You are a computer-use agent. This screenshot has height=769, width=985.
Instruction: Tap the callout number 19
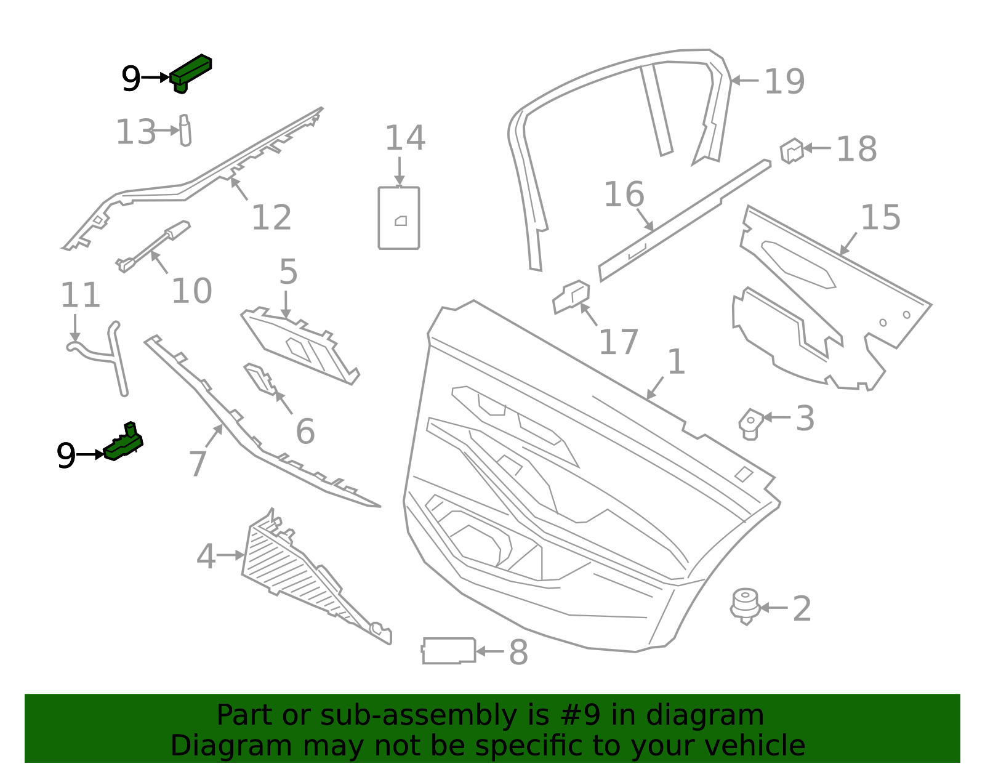click(x=784, y=82)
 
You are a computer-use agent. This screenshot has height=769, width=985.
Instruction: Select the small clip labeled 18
click(x=792, y=150)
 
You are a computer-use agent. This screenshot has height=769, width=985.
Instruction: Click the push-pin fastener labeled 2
click(x=745, y=606)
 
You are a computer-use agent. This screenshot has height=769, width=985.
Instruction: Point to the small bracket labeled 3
click(x=750, y=424)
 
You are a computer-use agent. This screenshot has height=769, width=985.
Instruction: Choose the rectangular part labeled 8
click(x=449, y=651)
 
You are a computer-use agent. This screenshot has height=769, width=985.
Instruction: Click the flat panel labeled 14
click(x=399, y=218)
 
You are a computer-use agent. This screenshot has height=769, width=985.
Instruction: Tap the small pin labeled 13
click(x=185, y=131)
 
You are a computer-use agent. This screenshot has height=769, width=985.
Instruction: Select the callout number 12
click(x=271, y=217)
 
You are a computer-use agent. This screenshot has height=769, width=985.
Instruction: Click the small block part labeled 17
click(x=571, y=297)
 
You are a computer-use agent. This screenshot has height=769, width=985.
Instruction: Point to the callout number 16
click(x=624, y=195)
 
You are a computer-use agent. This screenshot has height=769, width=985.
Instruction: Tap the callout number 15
click(x=880, y=217)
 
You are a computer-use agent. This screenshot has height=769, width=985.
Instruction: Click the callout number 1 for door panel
click(x=676, y=361)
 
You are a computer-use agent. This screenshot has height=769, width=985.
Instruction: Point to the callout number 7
click(x=197, y=463)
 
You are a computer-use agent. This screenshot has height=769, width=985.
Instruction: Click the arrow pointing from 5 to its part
click(x=286, y=304)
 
